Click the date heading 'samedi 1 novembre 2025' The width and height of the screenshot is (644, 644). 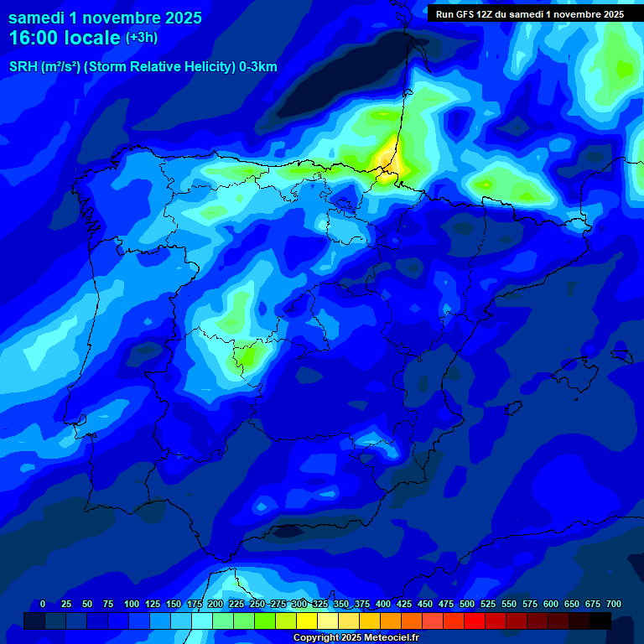pyautogui.click(x=105, y=18)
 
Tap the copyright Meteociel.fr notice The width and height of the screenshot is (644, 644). pyautogui.click(x=356, y=638)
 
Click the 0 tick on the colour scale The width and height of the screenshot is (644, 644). pyautogui.click(x=43, y=604)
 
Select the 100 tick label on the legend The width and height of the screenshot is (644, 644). pyautogui.click(x=131, y=604)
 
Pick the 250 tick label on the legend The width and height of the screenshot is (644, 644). pyautogui.click(x=257, y=604)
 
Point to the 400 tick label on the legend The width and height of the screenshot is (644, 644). pyautogui.click(x=382, y=604)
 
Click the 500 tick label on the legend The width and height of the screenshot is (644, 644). pyautogui.click(x=466, y=604)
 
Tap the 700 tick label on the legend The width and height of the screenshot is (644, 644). pyautogui.click(x=613, y=604)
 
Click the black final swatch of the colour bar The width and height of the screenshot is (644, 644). pyautogui.click(x=600, y=621)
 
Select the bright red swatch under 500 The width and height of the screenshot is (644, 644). pyautogui.click(x=475, y=621)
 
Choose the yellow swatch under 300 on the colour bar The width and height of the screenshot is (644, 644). pyautogui.click(x=307, y=621)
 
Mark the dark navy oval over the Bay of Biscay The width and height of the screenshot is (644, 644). pyautogui.click(x=344, y=71)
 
